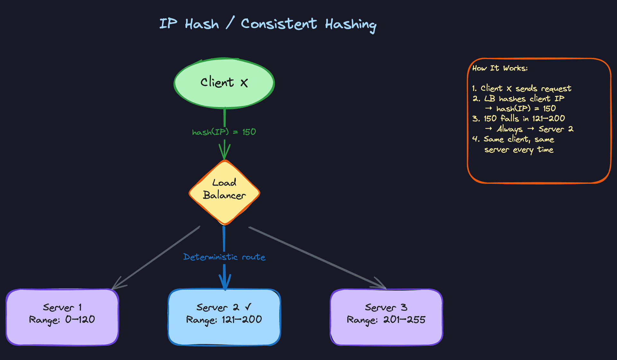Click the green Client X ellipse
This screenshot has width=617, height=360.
[x=224, y=83]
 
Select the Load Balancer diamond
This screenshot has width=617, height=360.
[x=224, y=192]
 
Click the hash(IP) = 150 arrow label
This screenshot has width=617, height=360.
[x=224, y=132]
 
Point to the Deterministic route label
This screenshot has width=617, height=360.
[x=224, y=257]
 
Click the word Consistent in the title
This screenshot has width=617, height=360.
[x=279, y=24]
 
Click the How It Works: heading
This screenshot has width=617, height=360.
[x=500, y=68]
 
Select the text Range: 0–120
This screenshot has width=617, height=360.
[x=62, y=320]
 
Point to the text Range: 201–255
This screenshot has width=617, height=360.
[x=386, y=320]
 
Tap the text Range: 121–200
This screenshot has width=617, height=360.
[x=224, y=320]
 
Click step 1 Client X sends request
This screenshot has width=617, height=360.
[x=522, y=88]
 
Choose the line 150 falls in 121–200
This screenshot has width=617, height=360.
[x=519, y=119]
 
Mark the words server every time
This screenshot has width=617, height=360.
[x=519, y=150]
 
